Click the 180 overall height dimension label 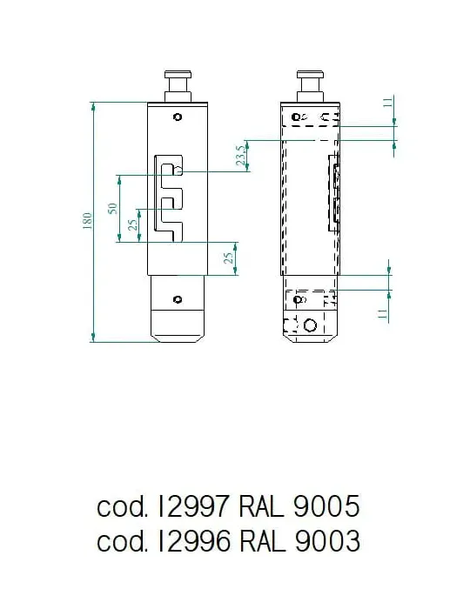(x=88, y=220)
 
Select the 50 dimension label (x=112, y=208)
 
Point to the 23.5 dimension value (x=241, y=156)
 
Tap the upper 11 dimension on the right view (x=388, y=102)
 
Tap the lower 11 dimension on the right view (x=383, y=314)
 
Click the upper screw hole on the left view (x=178, y=117)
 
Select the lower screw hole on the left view (x=178, y=299)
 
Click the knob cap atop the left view (x=178, y=74)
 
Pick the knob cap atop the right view (x=310, y=74)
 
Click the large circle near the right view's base (x=310, y=325)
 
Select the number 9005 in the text (x=326, y=506)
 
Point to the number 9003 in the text (x=327, y=541)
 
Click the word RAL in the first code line (x=261, y=506)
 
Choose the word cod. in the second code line (x=123, y=541)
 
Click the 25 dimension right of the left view (x=229, y=258)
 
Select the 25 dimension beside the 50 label (x=132, y=224)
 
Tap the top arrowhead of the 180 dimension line (x=93, y=105)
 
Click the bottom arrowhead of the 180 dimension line (x=93, y=338)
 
